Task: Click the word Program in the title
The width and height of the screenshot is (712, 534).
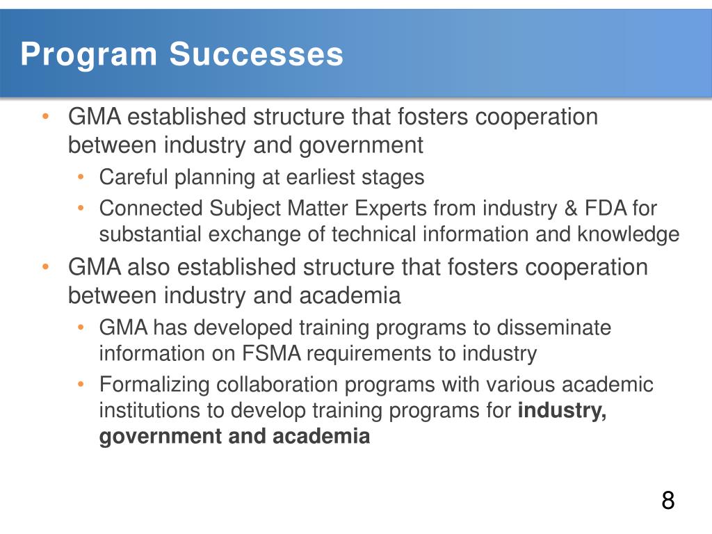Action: [88, 55]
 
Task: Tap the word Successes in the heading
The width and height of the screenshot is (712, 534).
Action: [257, 55]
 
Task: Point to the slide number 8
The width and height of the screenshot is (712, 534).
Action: [667, 501]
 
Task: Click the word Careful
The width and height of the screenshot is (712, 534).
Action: [133, 177]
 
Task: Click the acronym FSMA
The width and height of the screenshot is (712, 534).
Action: [272, 353]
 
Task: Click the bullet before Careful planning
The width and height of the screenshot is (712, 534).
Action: [81, 177]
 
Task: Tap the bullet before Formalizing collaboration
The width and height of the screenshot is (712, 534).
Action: [81, 384]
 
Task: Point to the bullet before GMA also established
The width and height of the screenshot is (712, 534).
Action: [45, 267]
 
